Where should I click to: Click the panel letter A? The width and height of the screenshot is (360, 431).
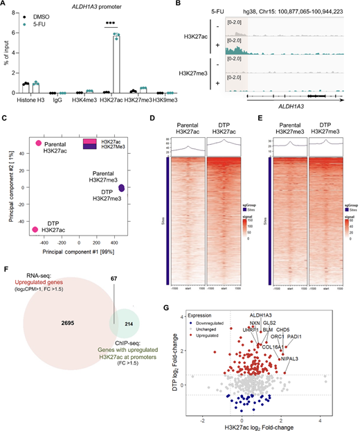[5, 5]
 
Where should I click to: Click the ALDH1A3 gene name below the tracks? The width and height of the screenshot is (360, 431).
[290, 105]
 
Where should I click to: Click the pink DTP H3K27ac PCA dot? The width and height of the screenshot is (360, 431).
[39, 228]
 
